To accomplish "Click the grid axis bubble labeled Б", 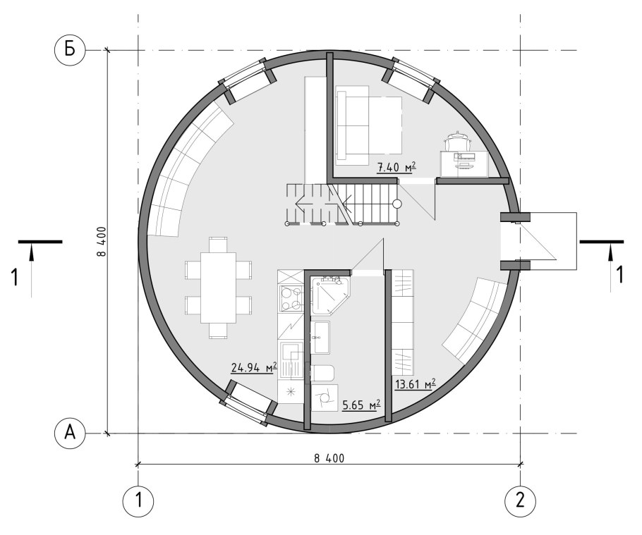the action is click(x=70, y=50).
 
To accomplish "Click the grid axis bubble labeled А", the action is click(x=70, y=433).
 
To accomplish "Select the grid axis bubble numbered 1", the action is click(x=138, y=500).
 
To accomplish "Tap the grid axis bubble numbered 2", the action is click(x=521, y=500).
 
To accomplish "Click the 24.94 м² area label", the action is click(x=254, y=367).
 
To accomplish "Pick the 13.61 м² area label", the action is click(x=414, y=384).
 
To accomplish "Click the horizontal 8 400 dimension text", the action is click(x=329, y=458).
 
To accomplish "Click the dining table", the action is click(x=218, y=288).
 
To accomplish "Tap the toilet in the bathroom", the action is click(x=322, y=374).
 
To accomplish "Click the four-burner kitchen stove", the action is click(x=290, y=298).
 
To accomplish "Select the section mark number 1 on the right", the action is click(x=620, y=275).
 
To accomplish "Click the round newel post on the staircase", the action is click(x=397, y=203).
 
